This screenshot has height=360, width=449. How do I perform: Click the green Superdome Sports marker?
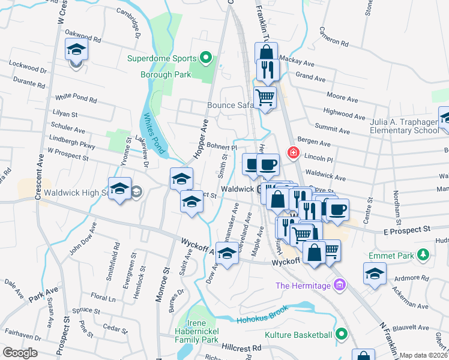click(x=206, y=59)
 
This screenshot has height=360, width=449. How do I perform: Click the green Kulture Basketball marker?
click(x=342, y=334)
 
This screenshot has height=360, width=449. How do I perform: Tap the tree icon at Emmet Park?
click(x=423, y=255)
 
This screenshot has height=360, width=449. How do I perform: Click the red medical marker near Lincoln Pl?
click(x=293, y=153)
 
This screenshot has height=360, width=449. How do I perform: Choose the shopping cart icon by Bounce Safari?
click(x=265, y=97)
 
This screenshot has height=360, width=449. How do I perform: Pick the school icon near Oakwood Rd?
click(x=76, y=49)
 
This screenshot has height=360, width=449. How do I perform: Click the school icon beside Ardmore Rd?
click(x=375, y=274)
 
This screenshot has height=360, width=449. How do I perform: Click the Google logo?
click(x=20, y=352)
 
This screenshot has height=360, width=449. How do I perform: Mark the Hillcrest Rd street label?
click(x=241, y=347)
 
